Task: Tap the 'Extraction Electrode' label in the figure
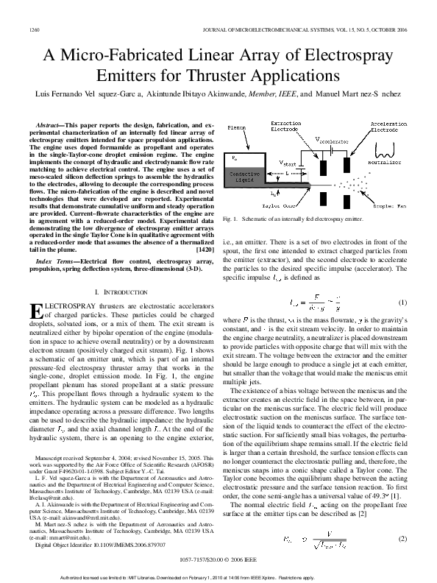click(x=285, y=127)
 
